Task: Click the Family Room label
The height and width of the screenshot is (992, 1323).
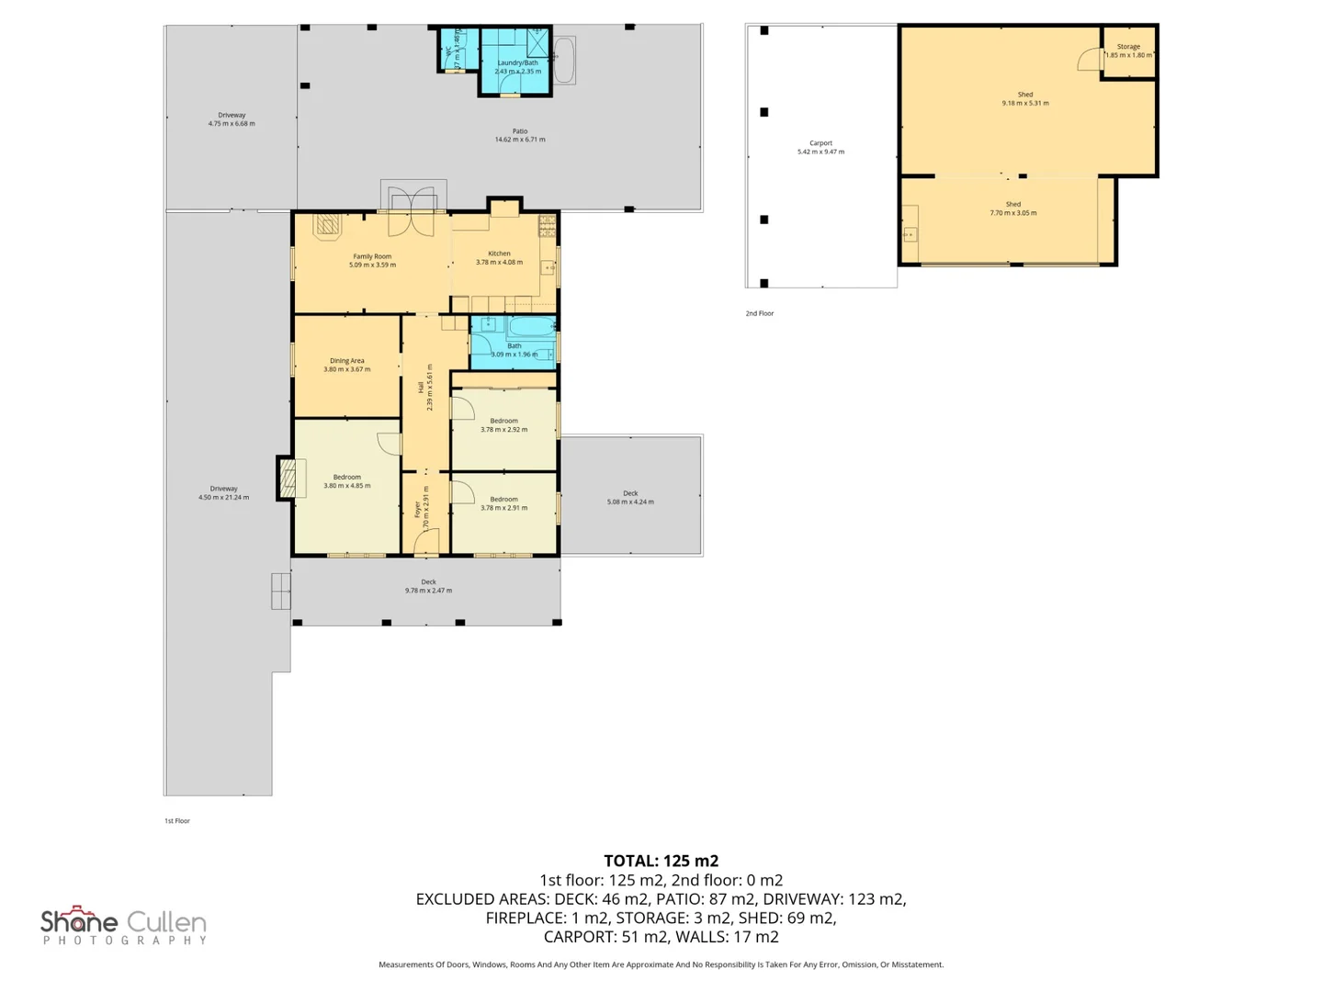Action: (372, 257)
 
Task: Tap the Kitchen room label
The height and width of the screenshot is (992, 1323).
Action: (499, 254)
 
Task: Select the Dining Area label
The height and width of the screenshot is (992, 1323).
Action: (346, 361)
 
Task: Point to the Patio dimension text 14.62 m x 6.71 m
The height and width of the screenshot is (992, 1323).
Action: (520, 140)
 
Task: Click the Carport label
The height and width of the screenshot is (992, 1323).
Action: (820, 143)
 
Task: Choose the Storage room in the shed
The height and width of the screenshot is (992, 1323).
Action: (1128, 51)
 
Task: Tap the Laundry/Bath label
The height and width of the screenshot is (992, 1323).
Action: (517, 63)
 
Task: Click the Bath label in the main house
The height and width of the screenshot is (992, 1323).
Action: (514, 346)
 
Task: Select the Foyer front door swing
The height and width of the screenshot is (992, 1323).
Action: (425, 545)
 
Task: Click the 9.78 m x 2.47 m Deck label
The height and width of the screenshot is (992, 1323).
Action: (428, 586)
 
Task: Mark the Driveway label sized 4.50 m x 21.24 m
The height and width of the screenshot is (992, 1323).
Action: (223, 493)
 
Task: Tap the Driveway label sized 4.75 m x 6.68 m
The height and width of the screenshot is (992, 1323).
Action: (232, 119)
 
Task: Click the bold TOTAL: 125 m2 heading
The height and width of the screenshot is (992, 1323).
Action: (661, 861)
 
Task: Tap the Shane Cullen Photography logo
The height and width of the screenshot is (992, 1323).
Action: (123, 925)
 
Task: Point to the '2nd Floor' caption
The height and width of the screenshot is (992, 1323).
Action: (760, 313)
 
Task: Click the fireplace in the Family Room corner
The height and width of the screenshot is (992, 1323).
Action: (328, 225)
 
